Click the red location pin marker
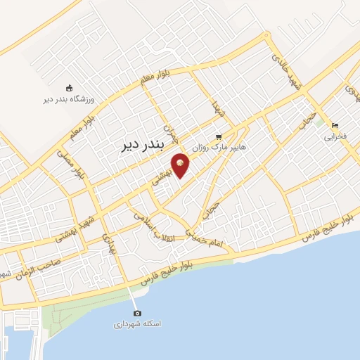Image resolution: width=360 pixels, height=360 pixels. pos(181,165)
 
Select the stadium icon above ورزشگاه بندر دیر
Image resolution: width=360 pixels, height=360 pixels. pos(69,88)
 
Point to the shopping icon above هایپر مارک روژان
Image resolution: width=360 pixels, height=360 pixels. pos(219,136)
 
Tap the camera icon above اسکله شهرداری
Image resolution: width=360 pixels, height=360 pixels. pos(136,313)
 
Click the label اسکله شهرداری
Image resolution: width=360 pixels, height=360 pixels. pos(137,325)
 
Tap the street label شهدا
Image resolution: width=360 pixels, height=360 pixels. pos(217,108)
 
